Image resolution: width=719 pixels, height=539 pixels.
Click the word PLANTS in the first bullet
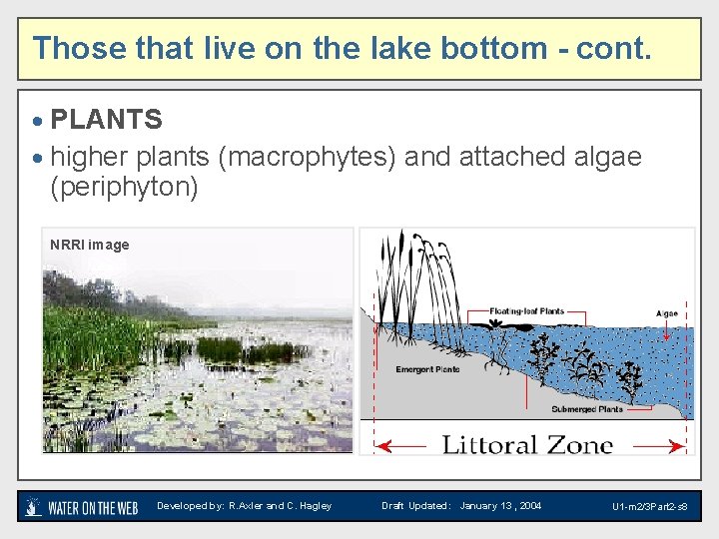click(x=106, y=120)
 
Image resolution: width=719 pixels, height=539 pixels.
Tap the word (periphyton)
click(x=124, y=188)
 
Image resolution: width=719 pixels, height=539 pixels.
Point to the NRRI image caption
click(x=90, y=245)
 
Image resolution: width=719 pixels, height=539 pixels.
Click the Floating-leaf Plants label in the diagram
click(x=526, y=311)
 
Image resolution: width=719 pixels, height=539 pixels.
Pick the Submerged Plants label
click(x=586, y=409)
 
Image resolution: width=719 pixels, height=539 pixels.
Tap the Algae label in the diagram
click(x=666, y=313)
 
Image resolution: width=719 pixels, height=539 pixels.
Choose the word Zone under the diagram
click(x=578, y=444)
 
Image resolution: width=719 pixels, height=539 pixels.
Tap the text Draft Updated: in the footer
click(x=415, y=506)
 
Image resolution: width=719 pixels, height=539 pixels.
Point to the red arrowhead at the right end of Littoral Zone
click(x=682, y=448)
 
